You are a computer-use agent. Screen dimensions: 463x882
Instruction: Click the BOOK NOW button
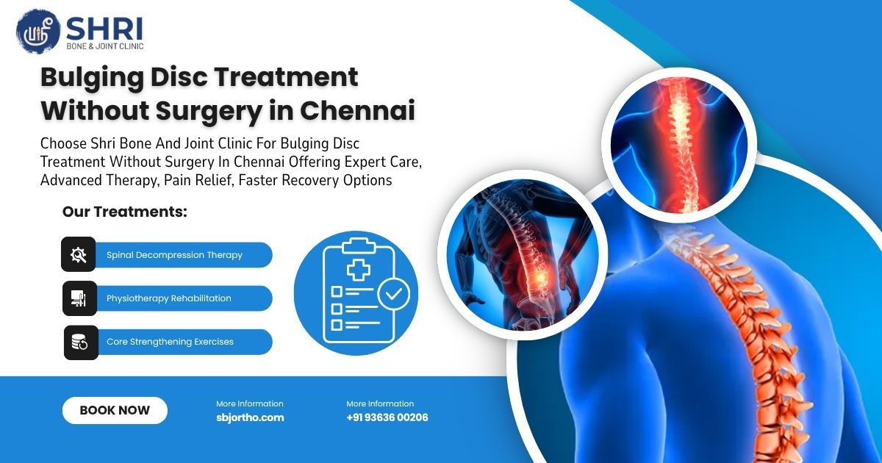[x=115, y=411]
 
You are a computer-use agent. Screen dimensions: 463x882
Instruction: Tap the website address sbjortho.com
[x=250, y=417]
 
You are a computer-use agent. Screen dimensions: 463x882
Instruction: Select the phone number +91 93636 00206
[x=387, y=417]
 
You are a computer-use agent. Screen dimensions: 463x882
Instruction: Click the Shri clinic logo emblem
[x=37, y=32]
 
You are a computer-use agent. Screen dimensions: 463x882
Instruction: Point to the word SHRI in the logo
[x=104, y=28]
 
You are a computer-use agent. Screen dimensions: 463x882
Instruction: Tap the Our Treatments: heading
[x=125, y=212]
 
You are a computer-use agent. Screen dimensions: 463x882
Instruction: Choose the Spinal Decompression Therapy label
[x=174, y=255]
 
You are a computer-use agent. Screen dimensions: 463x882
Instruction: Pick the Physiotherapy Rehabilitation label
[x=169, y=298]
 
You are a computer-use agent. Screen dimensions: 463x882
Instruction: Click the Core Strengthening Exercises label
[x=170, y=342]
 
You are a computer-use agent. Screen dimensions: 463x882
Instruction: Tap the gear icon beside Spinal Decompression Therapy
[x=79, y=255]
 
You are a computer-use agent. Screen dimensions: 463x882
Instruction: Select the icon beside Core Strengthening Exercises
[x=80, y=342]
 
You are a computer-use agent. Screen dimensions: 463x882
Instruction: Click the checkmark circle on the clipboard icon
[x=394, y=295]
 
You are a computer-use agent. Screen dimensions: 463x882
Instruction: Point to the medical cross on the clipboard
[x=359, y=270]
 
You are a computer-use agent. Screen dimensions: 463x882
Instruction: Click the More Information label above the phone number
[x=380, y=403]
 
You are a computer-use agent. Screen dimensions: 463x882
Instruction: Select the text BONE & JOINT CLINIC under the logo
[x=106, y=46]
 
